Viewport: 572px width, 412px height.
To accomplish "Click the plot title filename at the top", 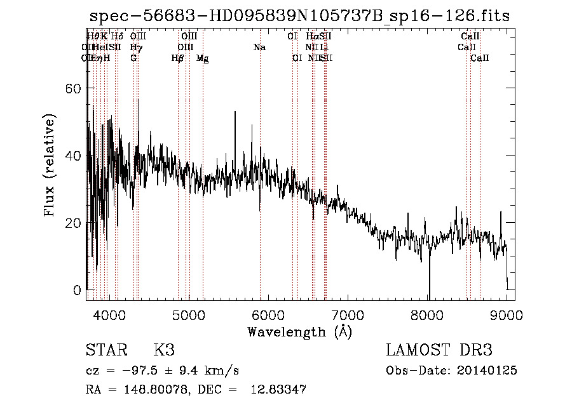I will tap(299, 15).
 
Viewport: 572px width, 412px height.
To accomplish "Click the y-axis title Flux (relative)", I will tap(50, 164).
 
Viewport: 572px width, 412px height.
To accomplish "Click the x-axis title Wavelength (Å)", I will tap(299, 331).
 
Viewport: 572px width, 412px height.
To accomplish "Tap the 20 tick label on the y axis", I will tap(74, 223).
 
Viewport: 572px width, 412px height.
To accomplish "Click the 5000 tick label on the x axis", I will tap(188, 314).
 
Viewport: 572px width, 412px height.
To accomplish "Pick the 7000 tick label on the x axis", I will tap(348, 314).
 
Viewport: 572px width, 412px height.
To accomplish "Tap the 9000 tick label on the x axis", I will tap(507, 314).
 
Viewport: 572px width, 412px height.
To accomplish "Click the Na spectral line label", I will tap(259, 47).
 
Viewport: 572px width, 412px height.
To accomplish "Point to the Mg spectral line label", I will tap(203, 58).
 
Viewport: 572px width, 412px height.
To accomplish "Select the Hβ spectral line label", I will tap(178, 58).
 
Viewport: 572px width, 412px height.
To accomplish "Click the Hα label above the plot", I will tap(311, 37).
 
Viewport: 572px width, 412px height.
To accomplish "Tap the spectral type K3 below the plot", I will tap(164, 350).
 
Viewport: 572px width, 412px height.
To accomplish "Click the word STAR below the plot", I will tap(106, 350).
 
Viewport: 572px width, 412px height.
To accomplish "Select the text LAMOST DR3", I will tap(439, 350).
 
